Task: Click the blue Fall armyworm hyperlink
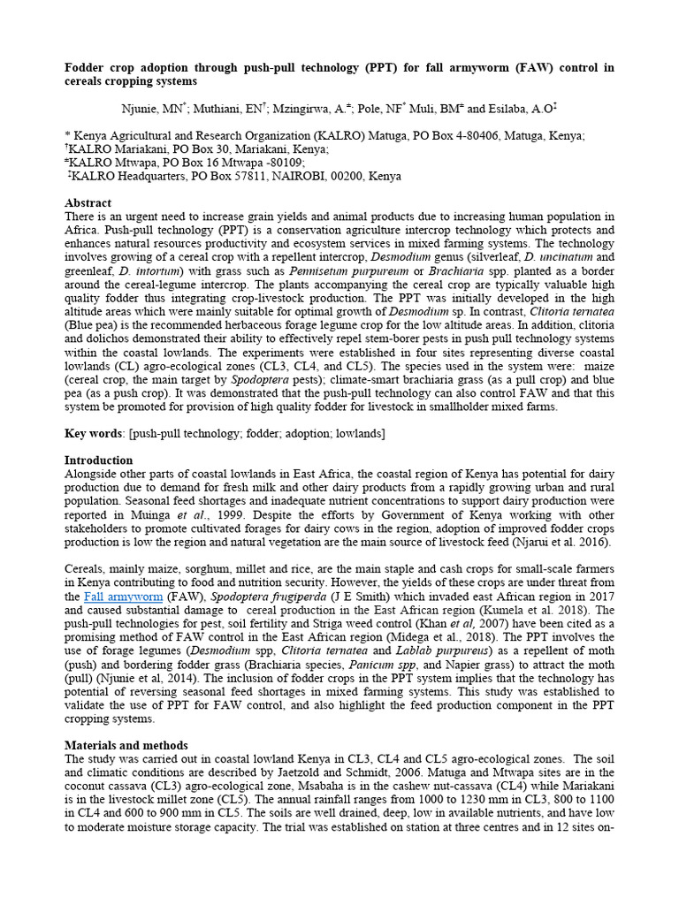pyautogui.click(x=124, y=597)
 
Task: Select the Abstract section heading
pyautogui.click(x=88, y=202)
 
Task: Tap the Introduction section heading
pyautogui.click(x=99, y=460)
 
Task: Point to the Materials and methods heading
pyautogui.click(x=126, y=746)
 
